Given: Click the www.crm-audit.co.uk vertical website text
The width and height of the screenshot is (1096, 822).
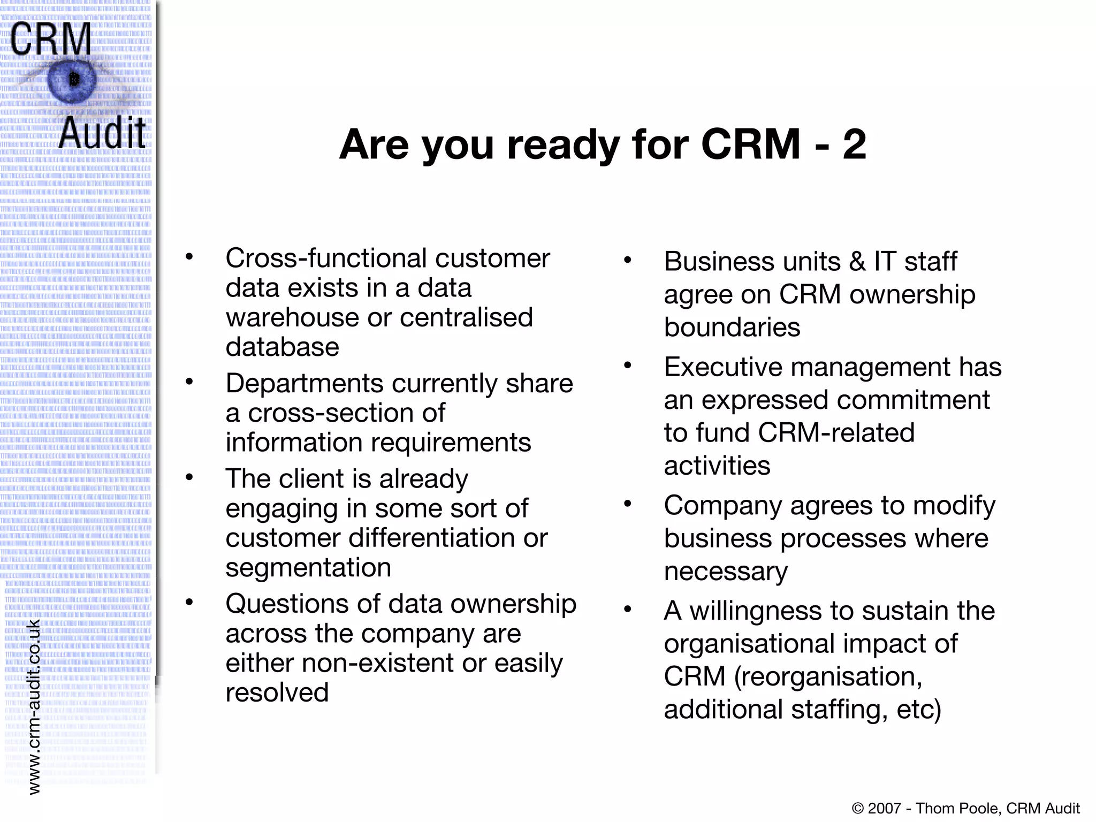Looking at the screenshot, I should (x=34, y=706).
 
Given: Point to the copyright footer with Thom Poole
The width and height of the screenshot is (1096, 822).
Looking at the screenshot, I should (x=965, y=808).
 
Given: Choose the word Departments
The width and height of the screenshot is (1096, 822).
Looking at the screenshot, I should (x=304, y=383).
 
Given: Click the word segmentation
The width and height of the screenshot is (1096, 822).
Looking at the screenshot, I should (x=308, y=568).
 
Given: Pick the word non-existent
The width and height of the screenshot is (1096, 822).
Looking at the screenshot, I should (x=378, y=663).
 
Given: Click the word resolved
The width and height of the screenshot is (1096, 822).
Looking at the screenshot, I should (x=277, y=692).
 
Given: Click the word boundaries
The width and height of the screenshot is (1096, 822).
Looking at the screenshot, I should (x=732, y=327).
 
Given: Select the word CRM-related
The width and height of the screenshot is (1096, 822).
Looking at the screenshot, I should (x=836, y=432).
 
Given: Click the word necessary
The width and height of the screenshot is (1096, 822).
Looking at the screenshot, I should (x=726, y=572).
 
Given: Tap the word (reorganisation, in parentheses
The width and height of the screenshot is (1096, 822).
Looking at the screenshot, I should (x=828, y=676).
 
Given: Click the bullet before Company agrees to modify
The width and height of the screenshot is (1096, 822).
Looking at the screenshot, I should (x=628, y=504).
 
